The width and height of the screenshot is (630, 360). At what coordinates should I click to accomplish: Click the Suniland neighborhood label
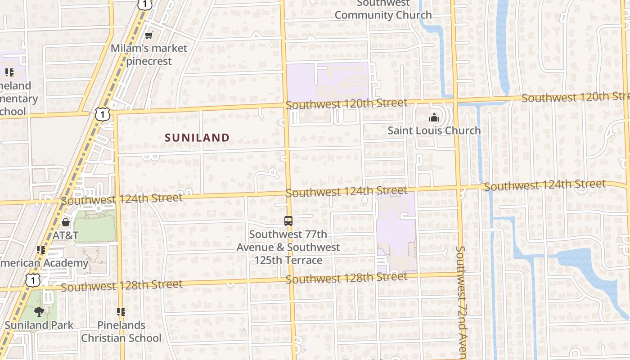(197, 138)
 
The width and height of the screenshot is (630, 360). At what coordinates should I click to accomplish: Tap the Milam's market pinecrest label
(149, 54)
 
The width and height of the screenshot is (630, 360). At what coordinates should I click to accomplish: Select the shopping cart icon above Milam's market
(148, 35)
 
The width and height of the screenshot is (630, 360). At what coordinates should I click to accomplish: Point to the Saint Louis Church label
(434, 130)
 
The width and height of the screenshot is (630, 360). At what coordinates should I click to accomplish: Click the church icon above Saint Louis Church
(434, 118)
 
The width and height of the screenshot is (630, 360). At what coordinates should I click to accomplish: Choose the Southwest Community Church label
(383, 10)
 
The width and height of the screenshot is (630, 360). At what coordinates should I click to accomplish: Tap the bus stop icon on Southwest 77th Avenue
(288, 221)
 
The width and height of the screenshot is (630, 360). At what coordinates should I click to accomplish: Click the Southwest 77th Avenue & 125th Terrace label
(288, 247)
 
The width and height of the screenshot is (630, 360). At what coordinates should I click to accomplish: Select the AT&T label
(66, 235)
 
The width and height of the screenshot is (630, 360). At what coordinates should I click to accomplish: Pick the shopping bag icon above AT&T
(66, 222)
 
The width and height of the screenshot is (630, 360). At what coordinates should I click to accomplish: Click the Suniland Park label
(39, 324)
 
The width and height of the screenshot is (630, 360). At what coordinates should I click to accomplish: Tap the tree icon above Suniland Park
(39, 311)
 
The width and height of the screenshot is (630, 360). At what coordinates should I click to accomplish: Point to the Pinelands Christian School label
(121, 332)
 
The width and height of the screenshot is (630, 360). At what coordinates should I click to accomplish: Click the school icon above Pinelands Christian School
(121, 311)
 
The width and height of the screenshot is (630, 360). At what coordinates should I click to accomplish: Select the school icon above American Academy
(41, 249)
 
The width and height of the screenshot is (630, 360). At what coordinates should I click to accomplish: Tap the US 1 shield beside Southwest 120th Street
(103, 114)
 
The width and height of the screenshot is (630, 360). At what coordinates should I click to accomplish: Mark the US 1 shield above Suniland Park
(33, 280)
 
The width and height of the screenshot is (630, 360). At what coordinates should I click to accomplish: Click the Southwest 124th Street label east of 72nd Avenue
(544, 185)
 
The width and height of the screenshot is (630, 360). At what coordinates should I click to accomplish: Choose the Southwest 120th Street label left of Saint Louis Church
(346, 104)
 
